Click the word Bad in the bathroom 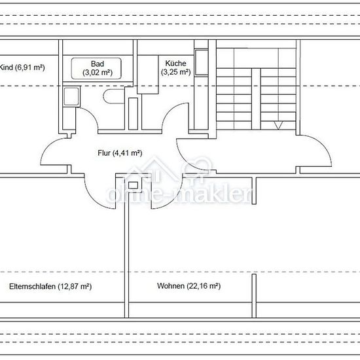98,63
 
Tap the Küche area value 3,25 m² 175,72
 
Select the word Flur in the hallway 104,153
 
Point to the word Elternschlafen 32,286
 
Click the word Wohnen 171,286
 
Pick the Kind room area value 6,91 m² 30,67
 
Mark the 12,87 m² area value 75,287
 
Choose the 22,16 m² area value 204,286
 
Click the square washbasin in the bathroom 71,96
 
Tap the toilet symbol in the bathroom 114,96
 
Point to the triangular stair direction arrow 278,126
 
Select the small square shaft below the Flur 133,185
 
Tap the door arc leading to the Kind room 49,147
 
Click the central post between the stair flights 256,99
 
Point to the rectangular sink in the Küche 202,62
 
